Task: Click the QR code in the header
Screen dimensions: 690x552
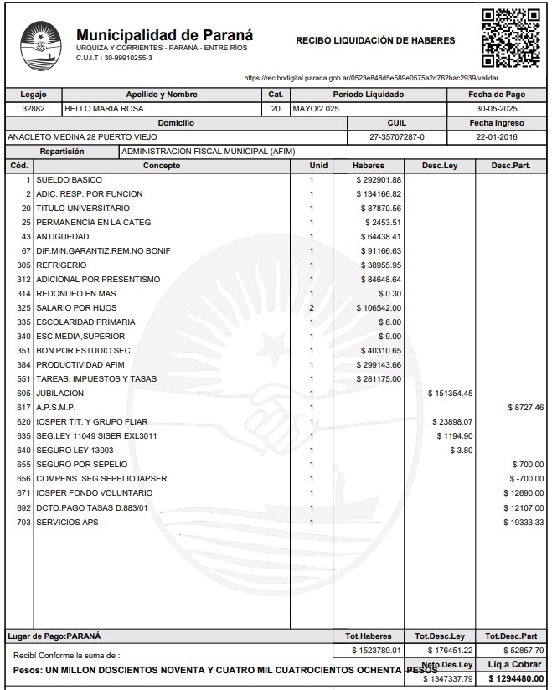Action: point(511,38)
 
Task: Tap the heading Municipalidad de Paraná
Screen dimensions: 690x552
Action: point(164,35)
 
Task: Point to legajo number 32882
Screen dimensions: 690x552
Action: point(33,109)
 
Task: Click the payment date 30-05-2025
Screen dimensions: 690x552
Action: point(498,109)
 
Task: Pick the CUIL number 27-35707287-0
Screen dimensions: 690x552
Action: point(397,136)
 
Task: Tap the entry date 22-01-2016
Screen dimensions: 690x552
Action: point(498,136)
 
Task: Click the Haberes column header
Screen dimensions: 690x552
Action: point(369,166)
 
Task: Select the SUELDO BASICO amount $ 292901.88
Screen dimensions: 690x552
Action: point(379,180)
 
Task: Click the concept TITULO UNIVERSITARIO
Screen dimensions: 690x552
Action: point(83,208)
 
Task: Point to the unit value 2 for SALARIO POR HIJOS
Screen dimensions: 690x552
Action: point(311,307)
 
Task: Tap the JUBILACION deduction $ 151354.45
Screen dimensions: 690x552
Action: point(451,393)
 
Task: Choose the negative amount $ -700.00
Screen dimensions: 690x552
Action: point(528,478)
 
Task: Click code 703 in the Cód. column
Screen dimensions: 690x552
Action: point(23,521)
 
